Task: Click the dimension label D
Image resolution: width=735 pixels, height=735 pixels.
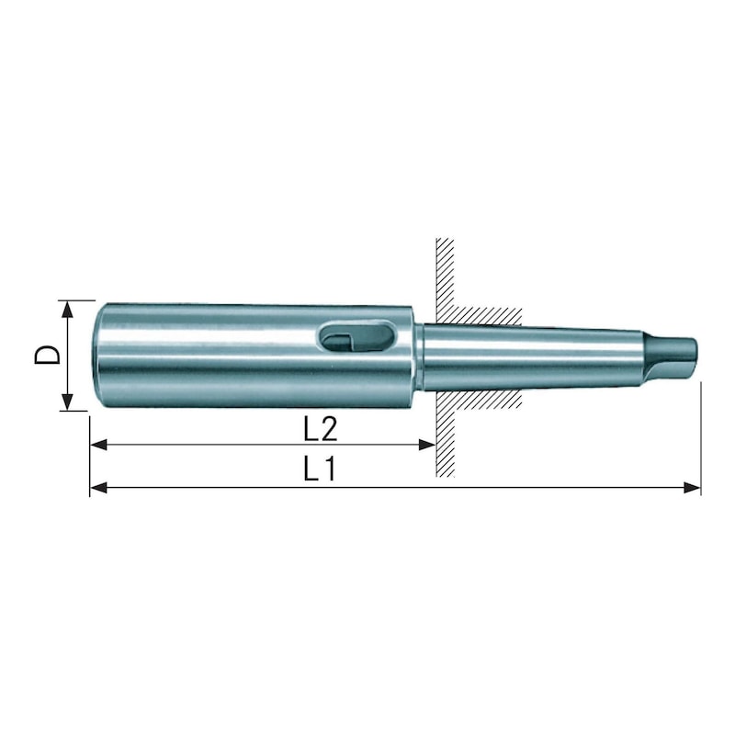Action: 48,355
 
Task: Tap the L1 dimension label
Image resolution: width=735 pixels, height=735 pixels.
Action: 318,469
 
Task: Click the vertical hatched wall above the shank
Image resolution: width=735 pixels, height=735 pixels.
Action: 446,271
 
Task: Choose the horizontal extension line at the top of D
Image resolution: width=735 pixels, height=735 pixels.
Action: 78,300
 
